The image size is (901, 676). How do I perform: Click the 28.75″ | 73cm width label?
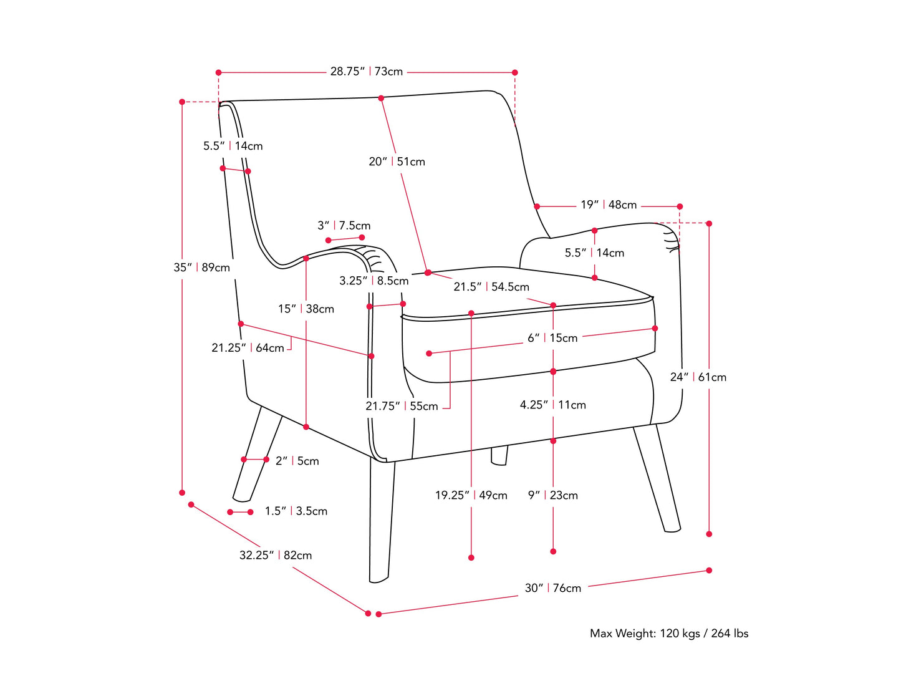(367, 72)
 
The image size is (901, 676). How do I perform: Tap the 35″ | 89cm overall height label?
(201, 268)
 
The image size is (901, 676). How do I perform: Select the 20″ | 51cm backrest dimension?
(397, 162)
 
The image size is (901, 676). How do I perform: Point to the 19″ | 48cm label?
(609, 205)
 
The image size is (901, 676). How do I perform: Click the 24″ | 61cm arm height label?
(698, 377)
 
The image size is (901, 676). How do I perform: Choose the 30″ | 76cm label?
(552, 588)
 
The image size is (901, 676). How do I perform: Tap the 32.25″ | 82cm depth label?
(276, 555)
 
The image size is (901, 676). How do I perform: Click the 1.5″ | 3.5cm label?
(296, 511)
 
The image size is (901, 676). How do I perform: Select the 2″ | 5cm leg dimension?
(297, 461)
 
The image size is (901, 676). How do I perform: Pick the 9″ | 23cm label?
(553, 495)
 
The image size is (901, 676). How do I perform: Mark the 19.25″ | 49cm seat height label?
(471, 495)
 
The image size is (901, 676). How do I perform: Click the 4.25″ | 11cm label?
(553, 405)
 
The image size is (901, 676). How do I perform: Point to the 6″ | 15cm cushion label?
(552, 338)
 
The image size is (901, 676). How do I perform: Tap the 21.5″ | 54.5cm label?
(491, 287)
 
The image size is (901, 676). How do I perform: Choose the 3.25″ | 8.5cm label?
(374, 281)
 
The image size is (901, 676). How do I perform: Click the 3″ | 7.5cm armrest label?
(344, 226)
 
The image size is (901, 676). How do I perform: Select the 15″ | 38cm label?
(306, 309)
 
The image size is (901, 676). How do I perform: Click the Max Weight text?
(669, 634)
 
